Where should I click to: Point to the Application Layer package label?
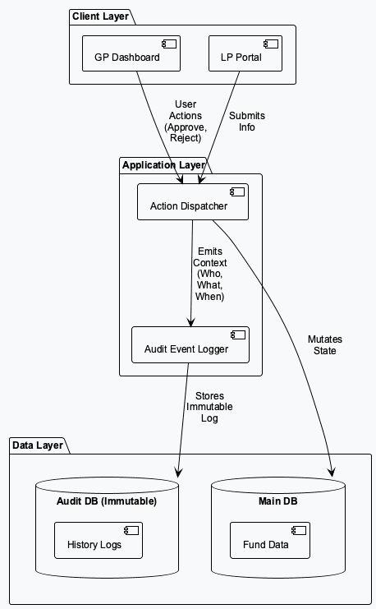[163, 165]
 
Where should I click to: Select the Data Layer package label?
[37, 445]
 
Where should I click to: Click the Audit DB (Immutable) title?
[106, 501]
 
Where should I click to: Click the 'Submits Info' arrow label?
[246, 122]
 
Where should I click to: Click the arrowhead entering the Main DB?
[331, 472]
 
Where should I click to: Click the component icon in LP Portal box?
[271, 42]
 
